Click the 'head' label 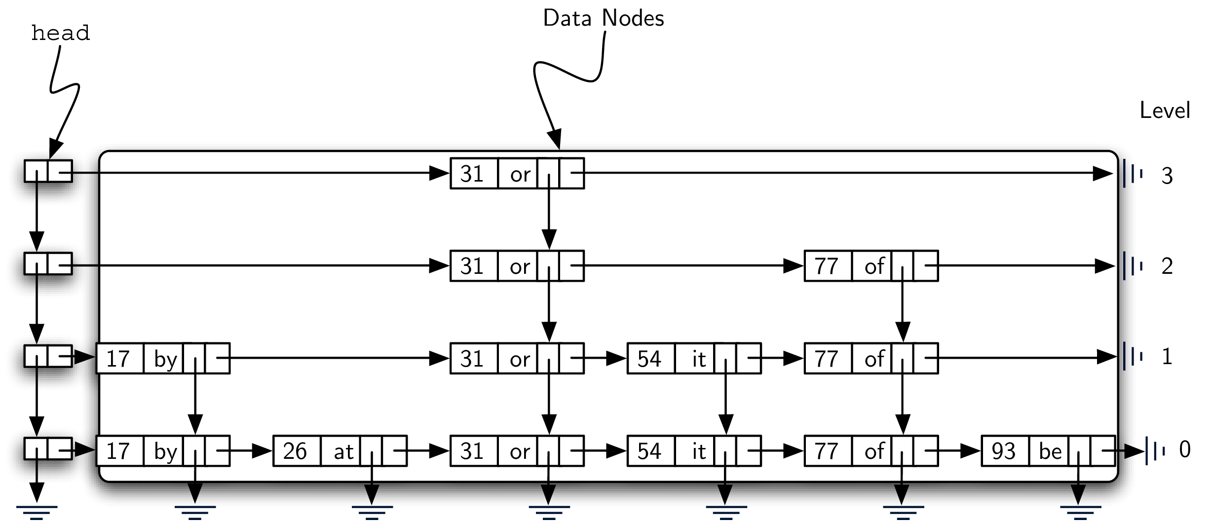click(60, 34)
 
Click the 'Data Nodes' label click(603, 19)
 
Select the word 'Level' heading click(1164, 111)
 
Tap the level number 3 click(1167, 176)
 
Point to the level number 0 click(1184, 449)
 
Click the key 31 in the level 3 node click(472, 174)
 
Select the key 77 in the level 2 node click(827, 266)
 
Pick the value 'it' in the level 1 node click(698, 359)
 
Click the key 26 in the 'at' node click(295, 451)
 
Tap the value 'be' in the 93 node click(1050, 451)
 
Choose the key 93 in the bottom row click(1004, 451)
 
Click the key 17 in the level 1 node click(118, 359)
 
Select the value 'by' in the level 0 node click(165, 451)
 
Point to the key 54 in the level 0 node click(649, 451)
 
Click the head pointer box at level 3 click(48, 171)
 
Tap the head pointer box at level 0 click(48, 448)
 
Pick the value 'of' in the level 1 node click(874, 359)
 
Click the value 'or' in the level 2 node click(520, 266)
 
